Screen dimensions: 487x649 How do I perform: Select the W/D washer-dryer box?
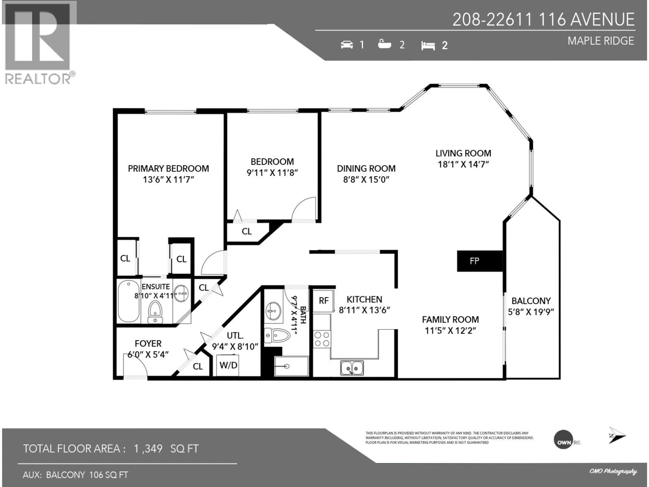[x=228, y=365]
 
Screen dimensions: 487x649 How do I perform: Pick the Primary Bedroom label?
[x=168, y=168]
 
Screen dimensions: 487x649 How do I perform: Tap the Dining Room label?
[x=366, y=168]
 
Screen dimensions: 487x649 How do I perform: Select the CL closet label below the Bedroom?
[x=246, y=232]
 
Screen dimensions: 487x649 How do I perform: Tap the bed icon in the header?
[x=428, y=45]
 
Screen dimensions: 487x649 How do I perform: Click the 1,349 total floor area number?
[x=148, y=449]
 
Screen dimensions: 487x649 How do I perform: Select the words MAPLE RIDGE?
[x=601, y=41]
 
